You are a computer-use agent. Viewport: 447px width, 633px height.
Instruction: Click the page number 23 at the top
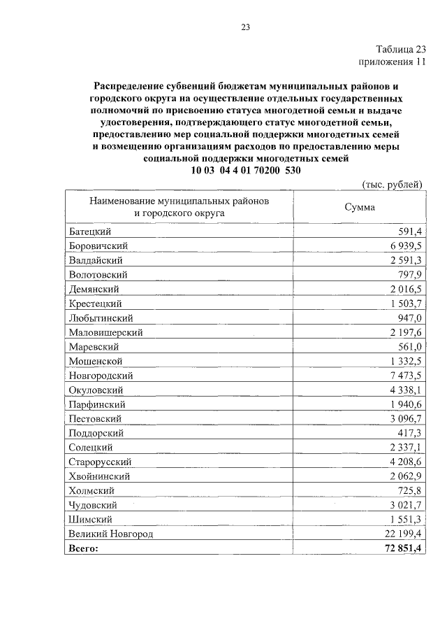click(x=245, y=27)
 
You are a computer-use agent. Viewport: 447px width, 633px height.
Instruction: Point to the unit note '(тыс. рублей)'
click(x=393, y=184)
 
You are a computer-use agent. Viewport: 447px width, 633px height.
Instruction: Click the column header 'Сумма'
click(x=359, y=207)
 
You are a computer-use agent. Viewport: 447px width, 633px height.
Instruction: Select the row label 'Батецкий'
click(x=91, y=232)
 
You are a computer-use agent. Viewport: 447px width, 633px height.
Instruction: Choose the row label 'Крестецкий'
click(x=96, y=304)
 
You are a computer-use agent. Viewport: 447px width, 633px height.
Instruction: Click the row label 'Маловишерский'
click(x=105, y=332)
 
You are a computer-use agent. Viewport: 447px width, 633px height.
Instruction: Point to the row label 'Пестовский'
click(x=96, y=418)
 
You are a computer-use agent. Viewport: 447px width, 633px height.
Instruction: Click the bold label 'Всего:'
click(x=84, y=548)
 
